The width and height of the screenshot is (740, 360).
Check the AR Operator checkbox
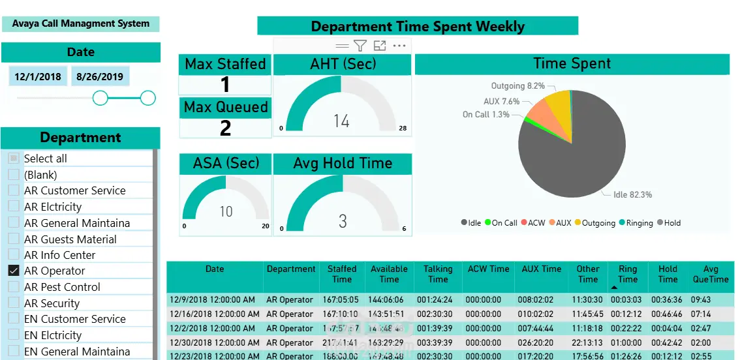point(13,271)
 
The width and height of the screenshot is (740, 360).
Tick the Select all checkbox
point(13,158)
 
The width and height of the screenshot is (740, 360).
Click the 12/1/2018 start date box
point(38,76)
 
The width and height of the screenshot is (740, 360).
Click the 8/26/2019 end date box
point(100,76)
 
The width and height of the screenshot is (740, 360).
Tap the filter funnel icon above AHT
point(360,45)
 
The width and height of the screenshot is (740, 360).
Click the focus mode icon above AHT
point(380,45)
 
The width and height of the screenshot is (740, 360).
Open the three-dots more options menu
point(399,45)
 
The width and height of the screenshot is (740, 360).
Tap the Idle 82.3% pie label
point(632,194)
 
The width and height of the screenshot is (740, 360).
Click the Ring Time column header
point(628,274)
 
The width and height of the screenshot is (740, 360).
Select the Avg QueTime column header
point(711,274)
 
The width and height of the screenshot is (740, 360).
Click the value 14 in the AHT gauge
point(341,121)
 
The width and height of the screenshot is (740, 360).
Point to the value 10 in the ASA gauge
point(226,211)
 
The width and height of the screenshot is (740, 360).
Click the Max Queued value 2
point(225,128)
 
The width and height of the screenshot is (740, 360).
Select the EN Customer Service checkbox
point(13,319)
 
